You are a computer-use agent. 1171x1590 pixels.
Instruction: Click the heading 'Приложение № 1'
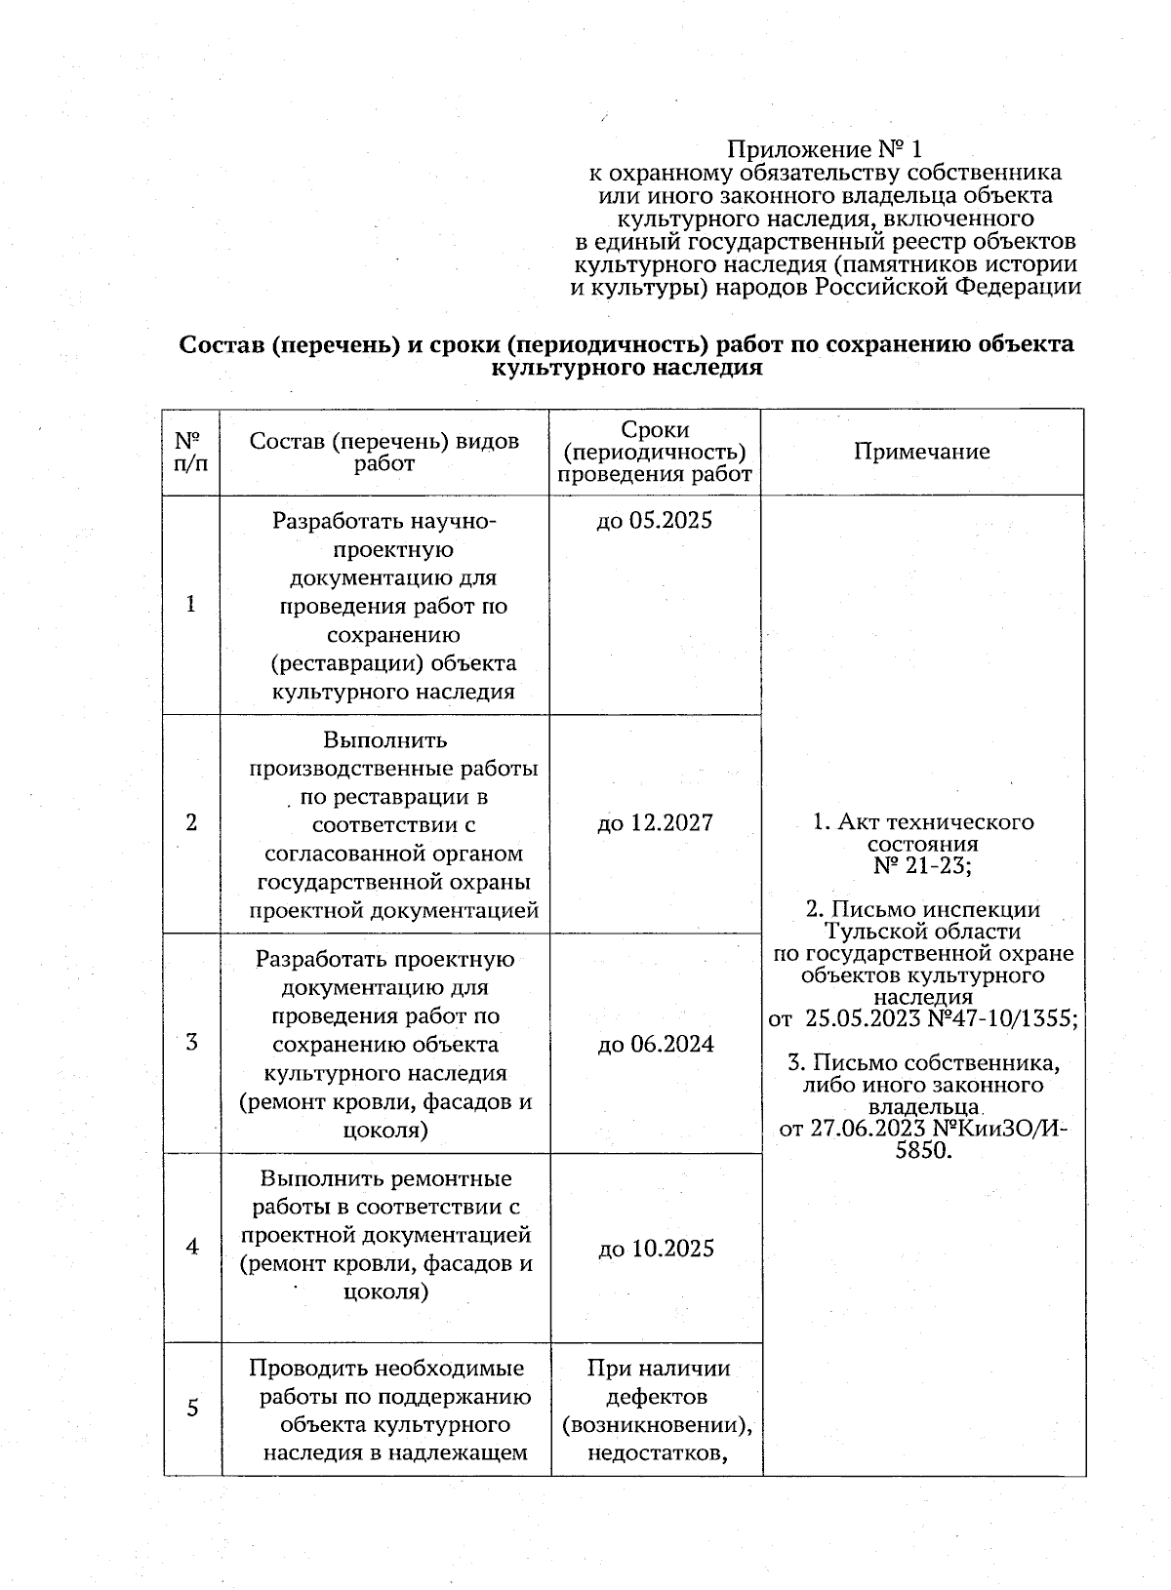[825, 150]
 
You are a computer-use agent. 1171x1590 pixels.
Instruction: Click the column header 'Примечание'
[921, 452]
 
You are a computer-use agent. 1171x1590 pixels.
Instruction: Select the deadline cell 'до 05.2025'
[654, 520]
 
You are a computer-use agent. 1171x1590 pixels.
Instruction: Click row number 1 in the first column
[191, 604]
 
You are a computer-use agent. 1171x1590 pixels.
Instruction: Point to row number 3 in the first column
[191, 1042]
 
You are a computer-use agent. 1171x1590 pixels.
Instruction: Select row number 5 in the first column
[191, 1408]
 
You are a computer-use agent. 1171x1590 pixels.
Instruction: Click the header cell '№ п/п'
[191, 452]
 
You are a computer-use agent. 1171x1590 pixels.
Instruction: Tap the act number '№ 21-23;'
[922, 865]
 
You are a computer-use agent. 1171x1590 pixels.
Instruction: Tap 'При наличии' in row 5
[658, 1368]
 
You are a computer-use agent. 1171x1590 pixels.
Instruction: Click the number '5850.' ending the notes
[922, 1151]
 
